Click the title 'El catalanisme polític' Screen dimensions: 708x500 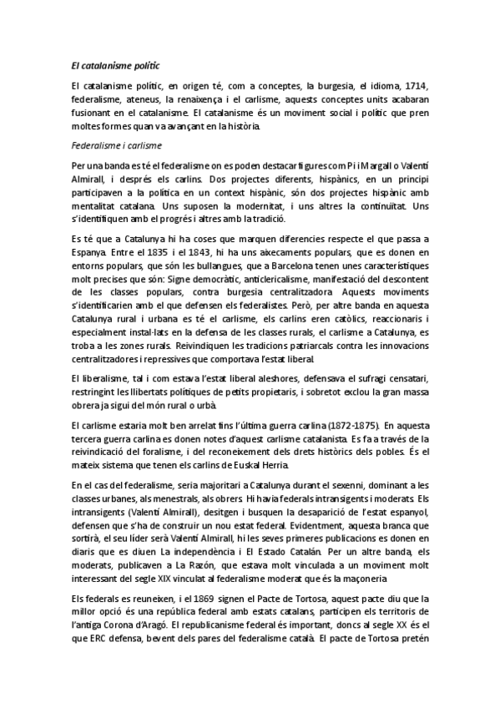click(116, 63)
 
